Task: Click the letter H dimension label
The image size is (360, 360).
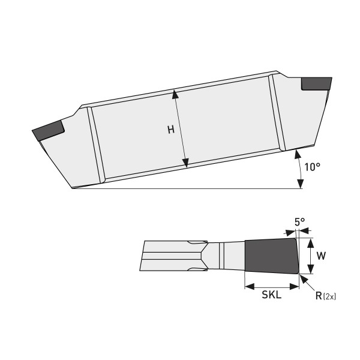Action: click(170, 130)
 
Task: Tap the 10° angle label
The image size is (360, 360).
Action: click(313, 167)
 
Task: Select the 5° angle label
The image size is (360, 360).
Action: click(299, 222)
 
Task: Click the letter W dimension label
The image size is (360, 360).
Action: click(321, 256)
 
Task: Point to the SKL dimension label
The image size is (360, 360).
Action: click(272, 295)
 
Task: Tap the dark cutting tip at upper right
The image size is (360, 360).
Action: click(316, 84)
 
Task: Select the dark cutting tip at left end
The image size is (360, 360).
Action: click(48, 130)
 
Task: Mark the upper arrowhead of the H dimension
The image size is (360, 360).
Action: click(175, 93)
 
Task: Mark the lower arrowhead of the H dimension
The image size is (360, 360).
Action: click(185, 163)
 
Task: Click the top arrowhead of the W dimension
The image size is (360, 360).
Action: click(310, 241)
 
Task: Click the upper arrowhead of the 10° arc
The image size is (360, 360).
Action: click(297, 154)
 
